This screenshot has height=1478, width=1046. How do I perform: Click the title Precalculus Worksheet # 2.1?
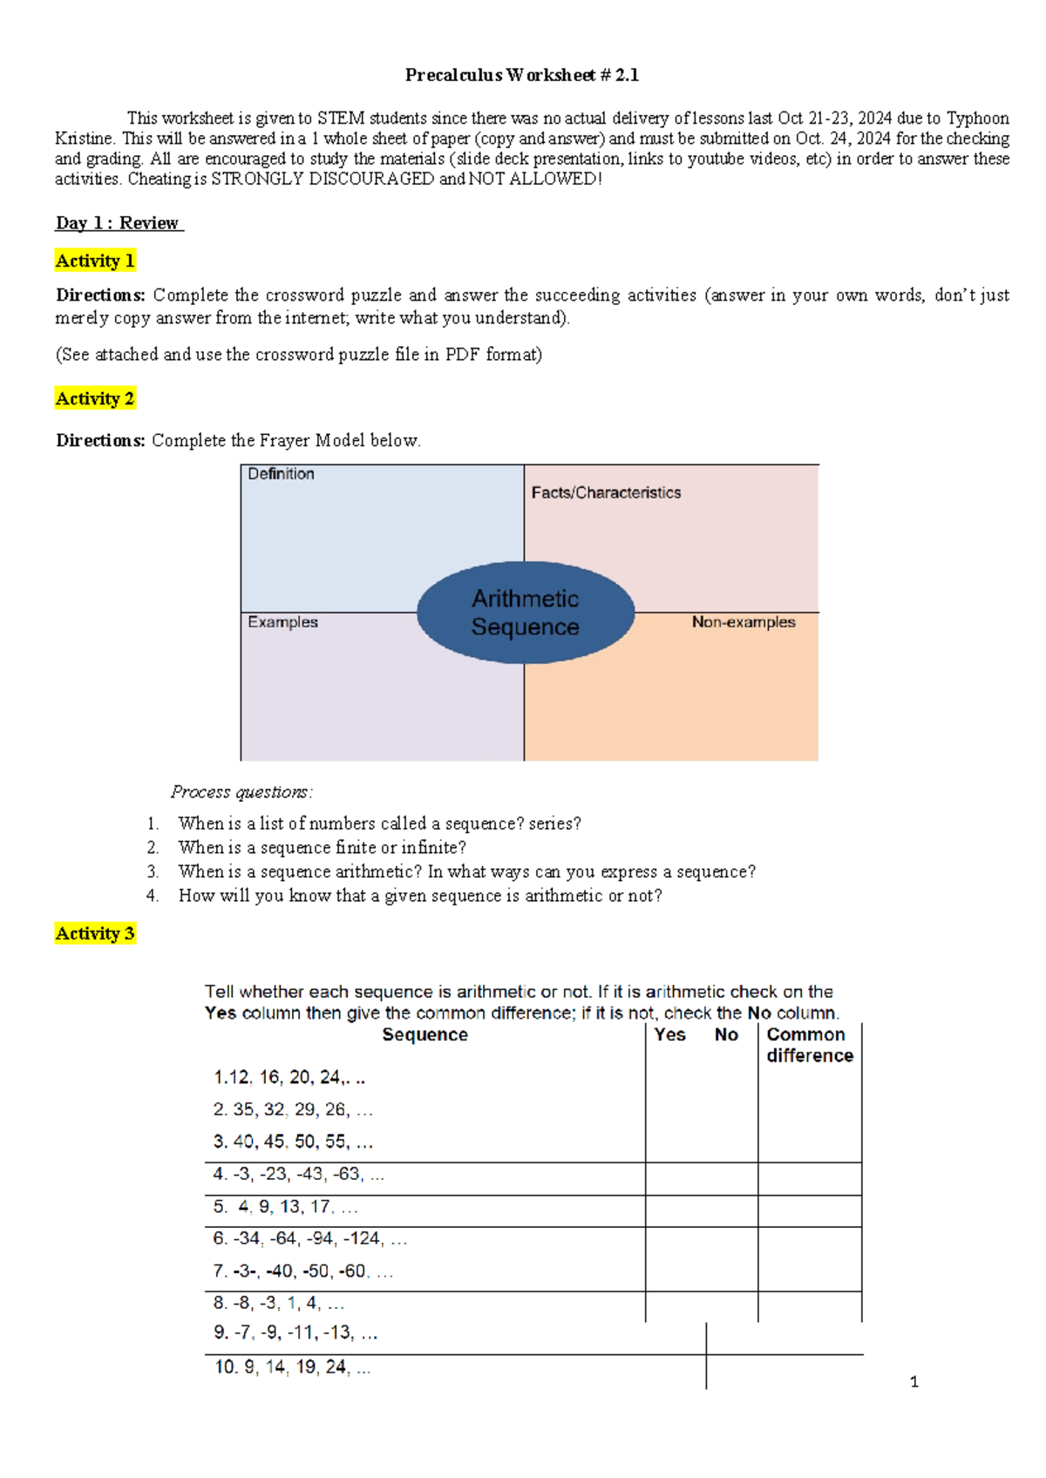point(521,75)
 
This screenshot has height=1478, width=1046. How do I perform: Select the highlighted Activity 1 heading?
point(95,261)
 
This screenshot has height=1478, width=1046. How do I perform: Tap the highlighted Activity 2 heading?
point(95,398)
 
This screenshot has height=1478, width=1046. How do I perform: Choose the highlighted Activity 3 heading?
point(95,933)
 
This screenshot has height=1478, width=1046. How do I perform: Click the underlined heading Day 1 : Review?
point(119,223)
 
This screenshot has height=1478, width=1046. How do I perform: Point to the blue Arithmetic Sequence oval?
point(525,612)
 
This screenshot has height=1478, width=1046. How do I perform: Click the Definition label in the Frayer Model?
point(281,474)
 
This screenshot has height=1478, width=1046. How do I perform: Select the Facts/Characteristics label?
point(606,492)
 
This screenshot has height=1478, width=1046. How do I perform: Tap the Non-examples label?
point(744,622)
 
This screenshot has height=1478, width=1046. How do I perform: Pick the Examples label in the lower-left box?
point(282,622)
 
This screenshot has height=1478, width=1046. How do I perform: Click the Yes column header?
point(669,1034)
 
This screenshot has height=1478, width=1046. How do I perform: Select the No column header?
point(726,1034)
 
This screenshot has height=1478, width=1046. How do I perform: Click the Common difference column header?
point(809,1045)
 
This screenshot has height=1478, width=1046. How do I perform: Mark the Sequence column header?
point(425,1034)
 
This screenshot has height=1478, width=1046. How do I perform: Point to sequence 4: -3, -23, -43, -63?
point(298,1174)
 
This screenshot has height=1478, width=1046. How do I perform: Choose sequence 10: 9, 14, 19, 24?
point(292,1367)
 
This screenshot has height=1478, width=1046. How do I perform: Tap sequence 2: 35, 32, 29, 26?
point(293,1109)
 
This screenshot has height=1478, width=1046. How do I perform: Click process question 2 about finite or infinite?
point(322,847)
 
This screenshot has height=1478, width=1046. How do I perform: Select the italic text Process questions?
point(241,792)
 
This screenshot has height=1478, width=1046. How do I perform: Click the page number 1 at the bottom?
point(914,1382)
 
